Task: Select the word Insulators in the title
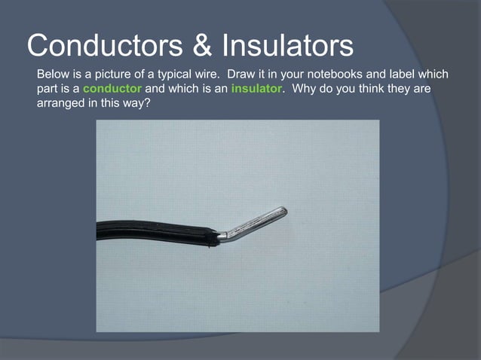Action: [287, 46]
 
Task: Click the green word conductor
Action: [112, 89]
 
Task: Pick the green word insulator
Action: [256, 89]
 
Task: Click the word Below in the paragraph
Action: [53, 75]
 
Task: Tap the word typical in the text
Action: [173, 75]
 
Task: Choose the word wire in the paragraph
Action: [207, 75]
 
